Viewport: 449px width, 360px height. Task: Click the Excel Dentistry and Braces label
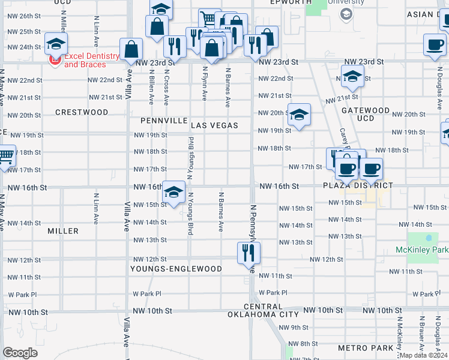tap(92, 59)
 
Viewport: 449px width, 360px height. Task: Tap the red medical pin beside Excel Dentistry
tap(56, 60)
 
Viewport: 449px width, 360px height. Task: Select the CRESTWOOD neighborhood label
tap(82, 112)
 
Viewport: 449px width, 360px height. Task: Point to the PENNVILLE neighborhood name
tap(164, 121)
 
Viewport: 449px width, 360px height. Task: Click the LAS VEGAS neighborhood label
tap(215, 125)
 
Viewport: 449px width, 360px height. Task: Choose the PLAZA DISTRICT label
tap(358, 185)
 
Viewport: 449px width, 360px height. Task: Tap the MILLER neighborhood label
tap(63, 231)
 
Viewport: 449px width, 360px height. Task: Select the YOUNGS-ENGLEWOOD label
tap(176, 269)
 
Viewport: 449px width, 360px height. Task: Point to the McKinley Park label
tap(422, 249)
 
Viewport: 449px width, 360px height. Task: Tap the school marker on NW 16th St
tap(173, 192)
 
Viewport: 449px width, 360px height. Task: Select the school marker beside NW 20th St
tap(298, 114)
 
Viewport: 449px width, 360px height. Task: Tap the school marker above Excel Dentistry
tap(56, 44)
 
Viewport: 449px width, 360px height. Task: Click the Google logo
tap(20, 353)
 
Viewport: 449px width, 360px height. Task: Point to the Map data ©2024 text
tap(423, 355)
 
